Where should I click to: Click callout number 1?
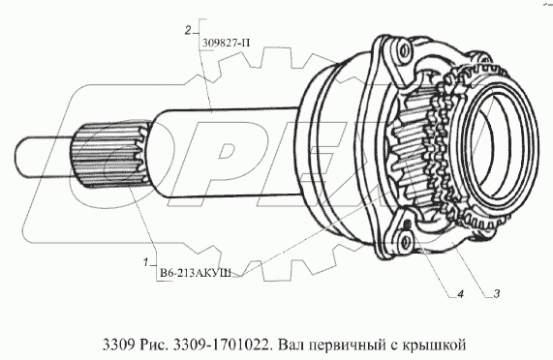click(145, 262)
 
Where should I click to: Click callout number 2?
click(188, 31)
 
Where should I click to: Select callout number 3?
click(497, 293)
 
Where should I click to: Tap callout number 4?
click(461, 294)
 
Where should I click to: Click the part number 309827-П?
click(226, 44)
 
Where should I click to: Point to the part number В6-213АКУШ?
click(196, 273)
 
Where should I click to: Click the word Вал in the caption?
click(289, 345)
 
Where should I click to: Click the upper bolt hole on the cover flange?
click(404, 51)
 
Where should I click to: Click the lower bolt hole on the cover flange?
click(407, 242)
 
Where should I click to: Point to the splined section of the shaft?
click(110, 153)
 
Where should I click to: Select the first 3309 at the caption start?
click(118, 345)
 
